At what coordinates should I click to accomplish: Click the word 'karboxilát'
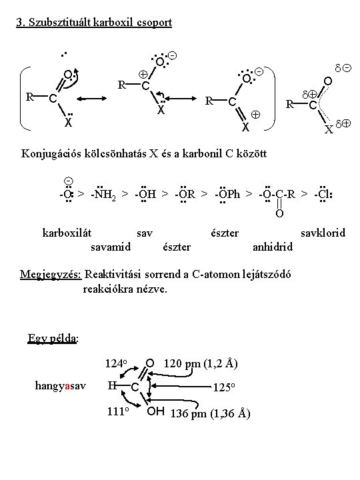(x=67, y=233)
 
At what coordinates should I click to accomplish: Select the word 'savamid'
(x=111, y=247)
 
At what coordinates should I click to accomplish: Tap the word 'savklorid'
(x=323, y=233)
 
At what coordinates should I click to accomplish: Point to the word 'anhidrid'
(x=273, y=247)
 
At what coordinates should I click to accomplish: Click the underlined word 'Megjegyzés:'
(x=51, y=274)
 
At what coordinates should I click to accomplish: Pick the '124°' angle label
(x=116, y=364)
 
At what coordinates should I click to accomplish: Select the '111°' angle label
(x=118, y=411)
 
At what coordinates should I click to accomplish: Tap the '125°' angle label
(x=224, y=387)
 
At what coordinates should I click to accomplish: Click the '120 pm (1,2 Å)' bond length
(x=201, y=364)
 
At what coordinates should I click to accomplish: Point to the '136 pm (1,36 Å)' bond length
(x=210, y=413)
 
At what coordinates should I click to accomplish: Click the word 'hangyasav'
(x=60, y=386)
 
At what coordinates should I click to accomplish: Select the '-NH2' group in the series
(x=103, y=194)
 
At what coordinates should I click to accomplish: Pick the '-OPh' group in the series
(x=227, y=194)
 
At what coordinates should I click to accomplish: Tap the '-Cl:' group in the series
(x=323, y=194)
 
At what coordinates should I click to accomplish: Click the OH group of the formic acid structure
(x=155, y=411)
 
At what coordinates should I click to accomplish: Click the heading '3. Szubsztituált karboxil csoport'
(x=94, y=23)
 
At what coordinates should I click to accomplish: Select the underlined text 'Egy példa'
(x=52, y=338)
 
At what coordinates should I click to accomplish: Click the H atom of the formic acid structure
(x=111, y=385)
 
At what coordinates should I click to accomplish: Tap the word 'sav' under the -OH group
(x=145, y=233)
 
